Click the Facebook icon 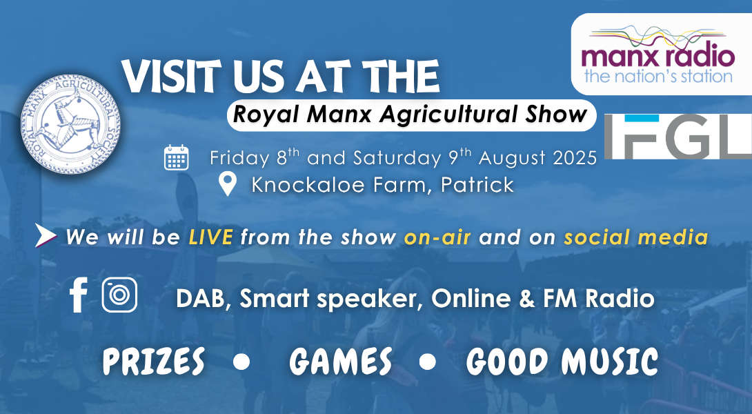78,295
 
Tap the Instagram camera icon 119,295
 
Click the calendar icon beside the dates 177,157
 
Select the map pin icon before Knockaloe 228,184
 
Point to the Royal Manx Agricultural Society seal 70,124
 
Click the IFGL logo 677,136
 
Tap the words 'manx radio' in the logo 657,56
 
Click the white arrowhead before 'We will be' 45,235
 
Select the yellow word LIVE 211,237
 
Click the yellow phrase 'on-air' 437,237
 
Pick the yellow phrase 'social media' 636,237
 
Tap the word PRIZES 153,362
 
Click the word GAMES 341,362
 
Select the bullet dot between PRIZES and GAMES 241,362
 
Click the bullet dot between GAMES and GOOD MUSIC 427,362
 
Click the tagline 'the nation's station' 658,77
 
